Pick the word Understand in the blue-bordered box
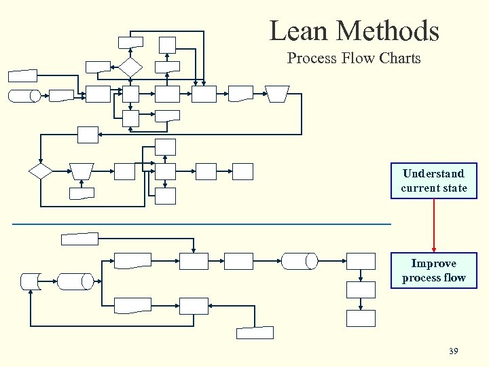point(433,173)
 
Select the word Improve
point(433,263)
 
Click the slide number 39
point(454,351)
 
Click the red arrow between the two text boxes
point(433,225)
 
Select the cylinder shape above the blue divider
point(24,96)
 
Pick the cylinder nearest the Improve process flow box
point(300,261)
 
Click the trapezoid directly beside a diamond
point(82,171)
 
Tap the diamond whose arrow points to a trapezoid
point(41,171)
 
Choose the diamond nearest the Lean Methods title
point(130,67)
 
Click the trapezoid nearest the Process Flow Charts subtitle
point(276,93)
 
